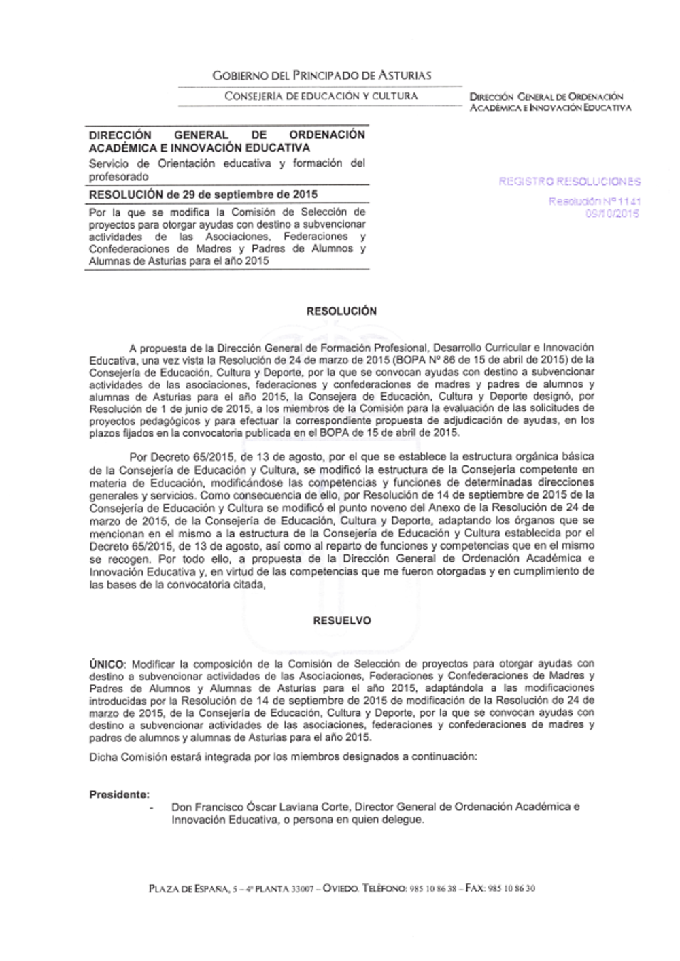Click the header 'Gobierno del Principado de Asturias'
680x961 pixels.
point(322,75)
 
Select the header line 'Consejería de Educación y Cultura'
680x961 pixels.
point(321,97)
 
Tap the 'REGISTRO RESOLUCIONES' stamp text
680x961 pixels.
point(569,182)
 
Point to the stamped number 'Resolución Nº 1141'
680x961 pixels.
point(594,201)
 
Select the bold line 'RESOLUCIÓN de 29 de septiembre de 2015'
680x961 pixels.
point(203,195)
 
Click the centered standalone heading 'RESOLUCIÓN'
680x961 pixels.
point(341,311)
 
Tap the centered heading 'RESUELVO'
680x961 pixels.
point(341,621)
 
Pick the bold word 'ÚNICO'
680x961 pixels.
point(107,664)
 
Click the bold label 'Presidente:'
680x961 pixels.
point(120,794)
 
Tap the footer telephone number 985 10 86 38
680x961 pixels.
point(433,888)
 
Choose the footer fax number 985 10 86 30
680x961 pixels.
point(511,888)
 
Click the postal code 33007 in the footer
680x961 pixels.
point(302,888)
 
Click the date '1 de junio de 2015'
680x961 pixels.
point(205,409)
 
